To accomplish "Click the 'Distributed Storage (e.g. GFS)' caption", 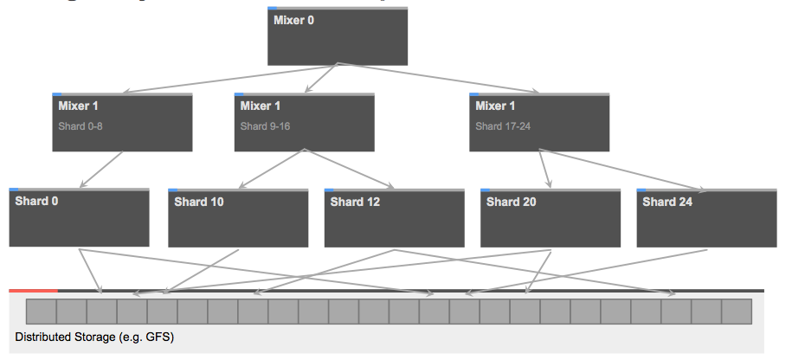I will click(94, 337).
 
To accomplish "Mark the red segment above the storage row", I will click(33, 291).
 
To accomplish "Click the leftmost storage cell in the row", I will click(41, 312).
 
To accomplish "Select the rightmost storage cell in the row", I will click(736, 312).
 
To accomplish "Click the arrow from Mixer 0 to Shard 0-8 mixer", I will click(229, 78).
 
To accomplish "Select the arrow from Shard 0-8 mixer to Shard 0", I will click(102, 170).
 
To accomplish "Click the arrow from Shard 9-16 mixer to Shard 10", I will click(270, 170).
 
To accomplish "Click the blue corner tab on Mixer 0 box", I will click(272, 9).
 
